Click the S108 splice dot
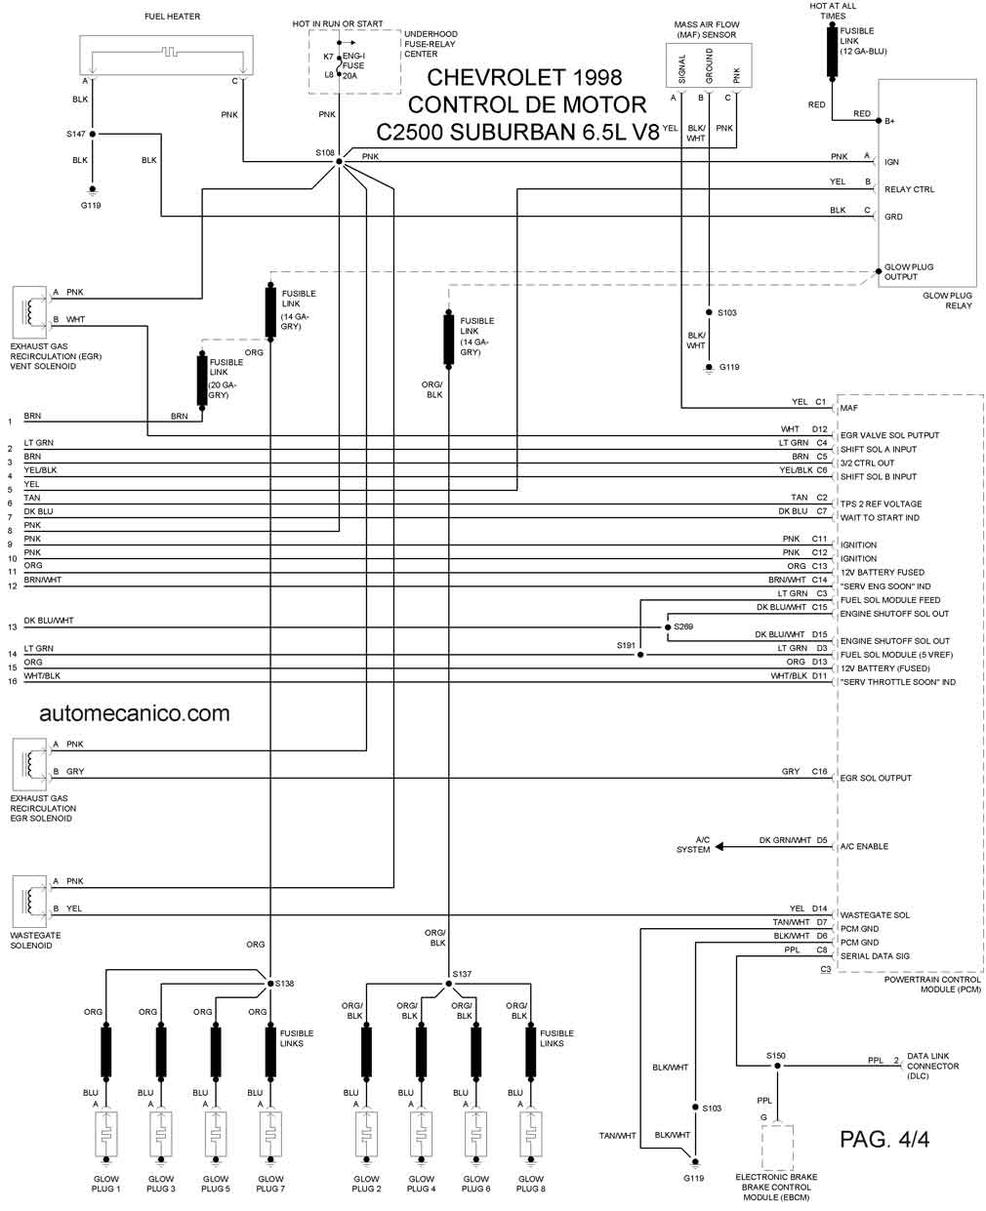(339, 161)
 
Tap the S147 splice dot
(93, 135)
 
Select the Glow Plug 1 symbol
(105, 1135)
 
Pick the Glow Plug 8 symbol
(530, 1135)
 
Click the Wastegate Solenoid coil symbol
(29, 902)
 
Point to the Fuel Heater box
(166, 56)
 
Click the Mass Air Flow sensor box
(709, 65)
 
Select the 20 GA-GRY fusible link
(202, 380)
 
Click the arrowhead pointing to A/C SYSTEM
(719, 847)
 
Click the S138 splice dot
(270, 983)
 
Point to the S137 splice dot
(449, 983)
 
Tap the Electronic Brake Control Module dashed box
(777, 1147)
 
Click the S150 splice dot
(777, 1066)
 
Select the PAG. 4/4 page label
(884, 1139)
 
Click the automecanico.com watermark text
(135, 713)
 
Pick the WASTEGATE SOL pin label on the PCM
(875, 914)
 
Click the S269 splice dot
(668, 627)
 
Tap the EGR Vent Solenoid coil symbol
(29, 312)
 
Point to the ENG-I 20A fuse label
(353, 65)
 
